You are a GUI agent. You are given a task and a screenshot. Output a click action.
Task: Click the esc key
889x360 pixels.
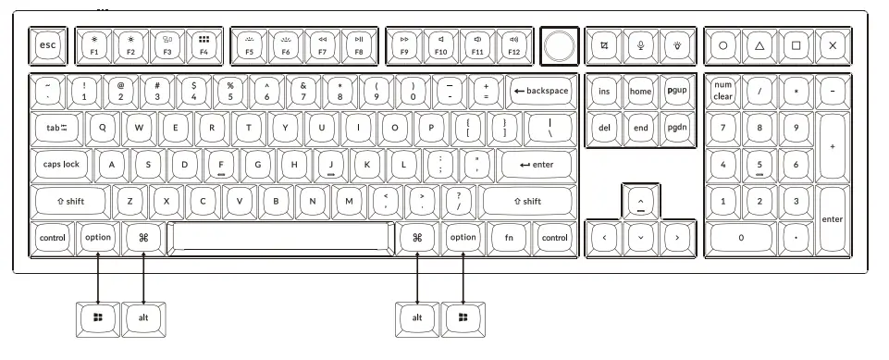pyautogui.click(x=45, y=45)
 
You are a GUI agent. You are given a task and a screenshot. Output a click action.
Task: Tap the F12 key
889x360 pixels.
pyautogui.click(x=512, y=45)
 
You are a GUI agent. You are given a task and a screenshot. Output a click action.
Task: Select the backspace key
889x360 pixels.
pyautogui.click(x=540, y=92)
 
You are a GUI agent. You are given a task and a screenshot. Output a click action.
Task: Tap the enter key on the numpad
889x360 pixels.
pyautogui.click(x=832, y=219)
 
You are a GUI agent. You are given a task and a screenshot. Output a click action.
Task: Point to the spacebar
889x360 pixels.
pyautogui.click(x=279, y=237)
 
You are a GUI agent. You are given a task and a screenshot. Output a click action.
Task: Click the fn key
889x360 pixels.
pyautogui.click(x=508, y=237)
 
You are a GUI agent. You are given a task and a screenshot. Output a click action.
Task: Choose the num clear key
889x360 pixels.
pyautogui.click(x=722, y=92)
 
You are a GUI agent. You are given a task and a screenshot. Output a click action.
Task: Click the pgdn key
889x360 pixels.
pyautogui.click(x=678, y=128)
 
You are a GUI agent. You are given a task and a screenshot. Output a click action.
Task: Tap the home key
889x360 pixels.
pyautogui.click(x=640, y=92)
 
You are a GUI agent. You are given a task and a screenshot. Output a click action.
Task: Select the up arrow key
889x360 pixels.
pyautogui.click(x=640, y=201)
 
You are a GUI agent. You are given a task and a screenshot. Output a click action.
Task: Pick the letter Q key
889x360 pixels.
pyautogui.click(x=102, y=128)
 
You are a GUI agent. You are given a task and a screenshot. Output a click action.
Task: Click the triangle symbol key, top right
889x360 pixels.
pyautogui.click(x=759, y=45)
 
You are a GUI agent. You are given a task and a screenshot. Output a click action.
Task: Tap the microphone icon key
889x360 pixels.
pyautogui.click(x=640, y=45)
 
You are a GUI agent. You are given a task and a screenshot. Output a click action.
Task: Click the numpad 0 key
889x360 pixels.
pyautogui.click(x=740, y=237)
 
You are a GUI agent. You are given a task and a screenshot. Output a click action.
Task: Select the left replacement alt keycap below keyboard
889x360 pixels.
pyautogui.click(x=143, y=317)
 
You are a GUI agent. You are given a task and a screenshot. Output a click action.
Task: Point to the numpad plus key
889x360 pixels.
pyautogui.click(x=832, y=146)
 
